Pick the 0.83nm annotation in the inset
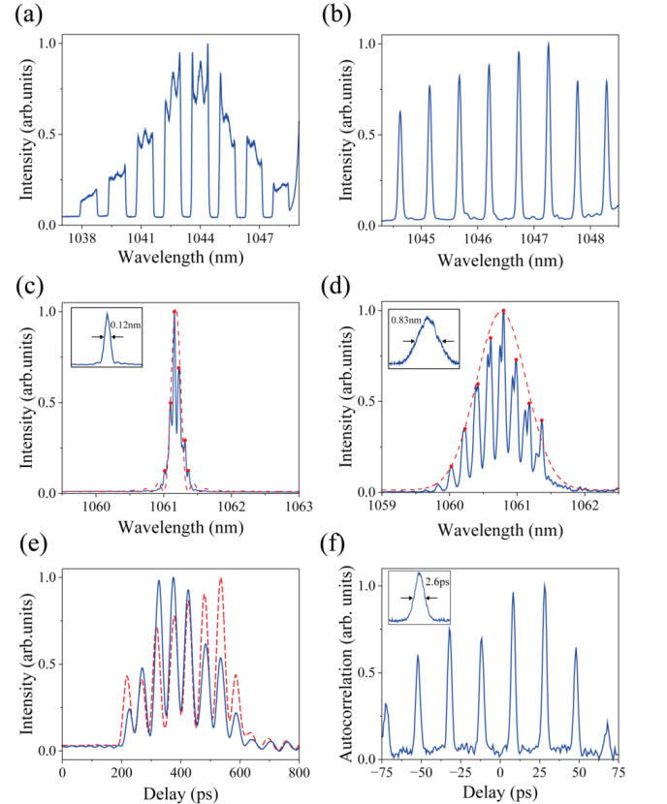pos(404,318)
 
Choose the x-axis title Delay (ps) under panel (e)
pos(180,789)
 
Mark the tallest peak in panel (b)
pos(549,44)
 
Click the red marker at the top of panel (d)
pos(503,310)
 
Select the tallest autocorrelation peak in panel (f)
pos(545,583)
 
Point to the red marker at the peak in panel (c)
pos(175,311)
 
